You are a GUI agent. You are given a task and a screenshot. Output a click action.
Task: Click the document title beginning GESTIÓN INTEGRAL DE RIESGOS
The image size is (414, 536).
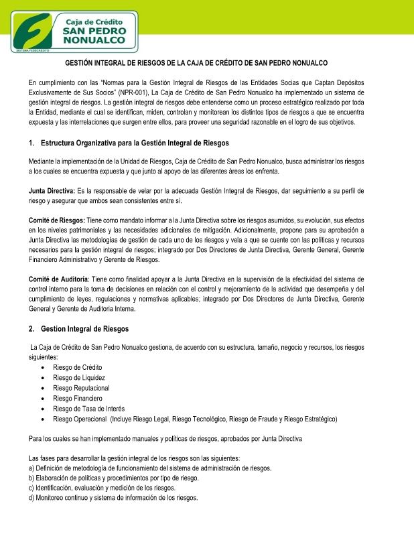[x=206, y=63]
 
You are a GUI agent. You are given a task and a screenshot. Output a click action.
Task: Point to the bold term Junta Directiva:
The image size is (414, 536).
[x=52, y=191]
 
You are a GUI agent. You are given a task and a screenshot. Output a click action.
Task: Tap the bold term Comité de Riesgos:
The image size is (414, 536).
[x=56, y=220]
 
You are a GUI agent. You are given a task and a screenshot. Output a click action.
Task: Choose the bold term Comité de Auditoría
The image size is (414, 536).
[x=58, y=279]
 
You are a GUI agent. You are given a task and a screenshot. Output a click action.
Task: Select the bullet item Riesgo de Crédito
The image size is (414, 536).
[x=78, y=367]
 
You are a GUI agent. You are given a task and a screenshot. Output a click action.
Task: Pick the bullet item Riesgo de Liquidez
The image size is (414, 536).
[x=79, y=378]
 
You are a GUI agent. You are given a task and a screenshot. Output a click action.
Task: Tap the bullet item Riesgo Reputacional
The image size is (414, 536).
[x=81, y=388]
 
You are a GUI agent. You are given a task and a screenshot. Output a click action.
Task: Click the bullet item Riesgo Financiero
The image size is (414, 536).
[x=78, y=399]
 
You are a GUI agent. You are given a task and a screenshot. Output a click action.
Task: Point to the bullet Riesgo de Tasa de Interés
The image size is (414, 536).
[x=88, y=409]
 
